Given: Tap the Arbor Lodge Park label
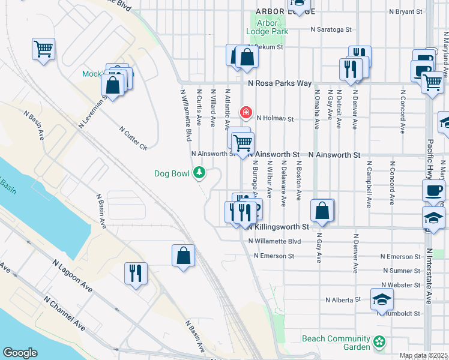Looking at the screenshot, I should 268,27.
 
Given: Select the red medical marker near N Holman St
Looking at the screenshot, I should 245,112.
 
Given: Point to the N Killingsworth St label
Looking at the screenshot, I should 275,227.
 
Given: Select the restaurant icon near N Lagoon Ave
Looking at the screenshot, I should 136,273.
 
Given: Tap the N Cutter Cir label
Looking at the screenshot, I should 133,138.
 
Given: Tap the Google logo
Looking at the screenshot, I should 20,353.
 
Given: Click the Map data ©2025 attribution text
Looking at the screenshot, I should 423,356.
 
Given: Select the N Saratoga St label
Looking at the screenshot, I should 331,29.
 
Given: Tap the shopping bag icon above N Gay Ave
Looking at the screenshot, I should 322,211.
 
